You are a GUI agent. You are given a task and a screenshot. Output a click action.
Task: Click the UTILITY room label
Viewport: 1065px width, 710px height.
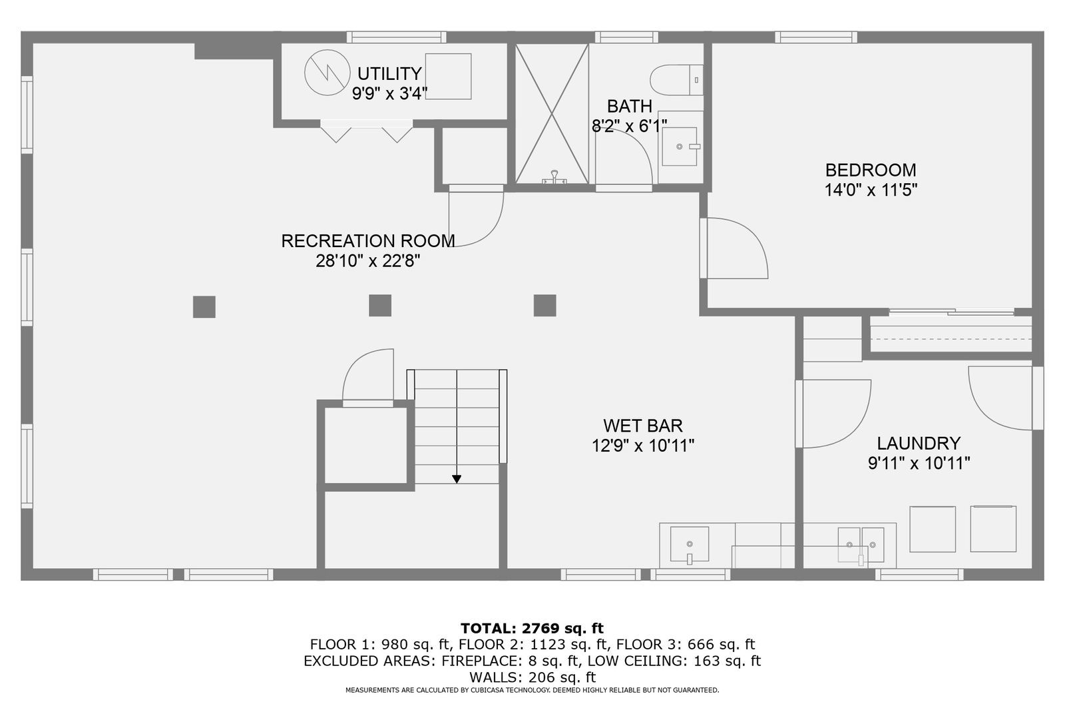[x=389, y=73]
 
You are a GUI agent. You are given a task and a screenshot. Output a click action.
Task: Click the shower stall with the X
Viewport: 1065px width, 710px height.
[x=552, y=113]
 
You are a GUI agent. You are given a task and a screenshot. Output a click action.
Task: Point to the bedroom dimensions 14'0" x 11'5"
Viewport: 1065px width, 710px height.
[x=871, y=190]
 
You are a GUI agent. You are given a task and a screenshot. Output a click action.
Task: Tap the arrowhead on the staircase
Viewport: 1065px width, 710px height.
[x=457, y=478]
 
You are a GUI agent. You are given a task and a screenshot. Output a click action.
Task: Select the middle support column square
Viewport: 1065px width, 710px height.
[x=380, y=306]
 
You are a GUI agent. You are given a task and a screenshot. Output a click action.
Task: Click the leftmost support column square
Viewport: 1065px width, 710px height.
[x=204, y=307]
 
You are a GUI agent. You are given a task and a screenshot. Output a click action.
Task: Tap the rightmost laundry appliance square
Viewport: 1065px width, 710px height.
[x=992, y=529]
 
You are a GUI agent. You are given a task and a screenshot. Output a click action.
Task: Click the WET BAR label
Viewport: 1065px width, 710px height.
[x=642, y=426]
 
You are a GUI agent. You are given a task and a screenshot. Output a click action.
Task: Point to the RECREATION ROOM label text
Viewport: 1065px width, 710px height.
[x=368, y=241]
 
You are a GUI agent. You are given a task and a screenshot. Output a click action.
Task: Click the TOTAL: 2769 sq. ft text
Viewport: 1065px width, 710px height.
[x=532, y=628]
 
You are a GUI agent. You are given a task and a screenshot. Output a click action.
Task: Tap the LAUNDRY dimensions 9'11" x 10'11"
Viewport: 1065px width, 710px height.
[x=919, y=464]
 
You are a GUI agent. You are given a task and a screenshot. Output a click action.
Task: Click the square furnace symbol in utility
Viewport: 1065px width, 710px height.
[x=448, y=77]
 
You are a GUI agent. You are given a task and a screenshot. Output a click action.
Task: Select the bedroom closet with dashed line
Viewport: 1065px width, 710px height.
[x=951, y=334]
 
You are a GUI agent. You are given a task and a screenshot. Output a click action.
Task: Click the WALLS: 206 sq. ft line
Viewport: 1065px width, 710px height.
[x=532, y=677]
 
